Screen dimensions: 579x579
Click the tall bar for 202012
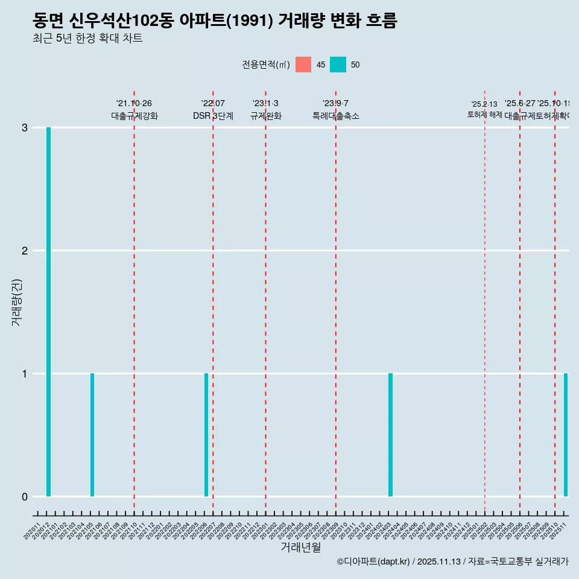tap(48, 312)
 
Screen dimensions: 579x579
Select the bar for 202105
tap(92, 435)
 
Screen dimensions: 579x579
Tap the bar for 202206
tap(206, 435)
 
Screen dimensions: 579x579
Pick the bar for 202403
tap(390, 435)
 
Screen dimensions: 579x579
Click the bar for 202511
tap(566, 435)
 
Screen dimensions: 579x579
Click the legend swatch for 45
tap(303, 65)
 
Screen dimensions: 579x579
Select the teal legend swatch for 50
tap(338, 65)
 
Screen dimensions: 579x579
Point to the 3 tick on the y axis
tap(25, 128)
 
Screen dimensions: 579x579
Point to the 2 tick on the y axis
tap(25, 251)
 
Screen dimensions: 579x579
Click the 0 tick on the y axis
tap(25, 497)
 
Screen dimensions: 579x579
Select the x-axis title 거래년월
tap(300, 547)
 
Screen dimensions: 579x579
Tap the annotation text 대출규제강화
tap(134, 116)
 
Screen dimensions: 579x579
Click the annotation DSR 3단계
tap(213, 116)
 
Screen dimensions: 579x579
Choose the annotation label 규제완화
tap(265, 116)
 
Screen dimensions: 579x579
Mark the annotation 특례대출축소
tap(335, 116)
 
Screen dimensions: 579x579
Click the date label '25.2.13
tap(484, 104)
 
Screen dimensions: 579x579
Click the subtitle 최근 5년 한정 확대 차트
tap(87, 39)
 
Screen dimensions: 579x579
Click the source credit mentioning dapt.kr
tap(452, 562)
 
